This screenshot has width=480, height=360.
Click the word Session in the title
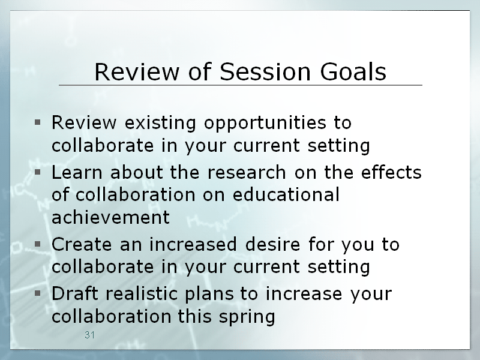(x=265, y=71)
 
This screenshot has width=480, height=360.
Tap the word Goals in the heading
(x=353, y=71)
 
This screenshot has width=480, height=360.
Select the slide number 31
(x=89, y=335)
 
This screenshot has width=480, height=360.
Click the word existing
(x=160, y=123)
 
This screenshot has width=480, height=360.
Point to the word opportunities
(x=265, y=123)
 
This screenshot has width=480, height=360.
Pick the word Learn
(x=77, y=172)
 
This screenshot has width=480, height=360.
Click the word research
(x=247, y=172)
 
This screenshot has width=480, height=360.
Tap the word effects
(x=391, y=172)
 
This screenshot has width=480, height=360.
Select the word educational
(x=286, y=194)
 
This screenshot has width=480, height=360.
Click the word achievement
(x=110, y=217)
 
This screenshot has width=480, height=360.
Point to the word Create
(x=82, y=244)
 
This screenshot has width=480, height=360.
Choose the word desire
(x=272, y=244)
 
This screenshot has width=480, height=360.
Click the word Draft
(x=75, y=293)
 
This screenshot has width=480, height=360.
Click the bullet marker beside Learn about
(x=38, y=172)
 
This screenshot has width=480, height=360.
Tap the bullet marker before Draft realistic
(x=38, y=293)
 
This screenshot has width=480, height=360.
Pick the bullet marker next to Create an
(x=38, y=244)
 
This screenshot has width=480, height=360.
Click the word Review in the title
(x=137, y=71)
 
